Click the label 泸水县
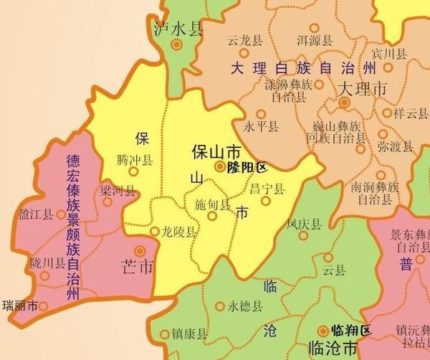tap(178, 29)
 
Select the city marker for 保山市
tap(219, 167)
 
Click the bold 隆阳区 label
tap(246, 168)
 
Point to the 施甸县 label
tap(213, 204)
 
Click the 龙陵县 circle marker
tap(155, 232)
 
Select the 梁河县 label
tap(118, 191)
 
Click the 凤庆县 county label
tap(302, 224)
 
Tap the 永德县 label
tap(245, 306)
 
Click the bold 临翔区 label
tap(352, 331)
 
